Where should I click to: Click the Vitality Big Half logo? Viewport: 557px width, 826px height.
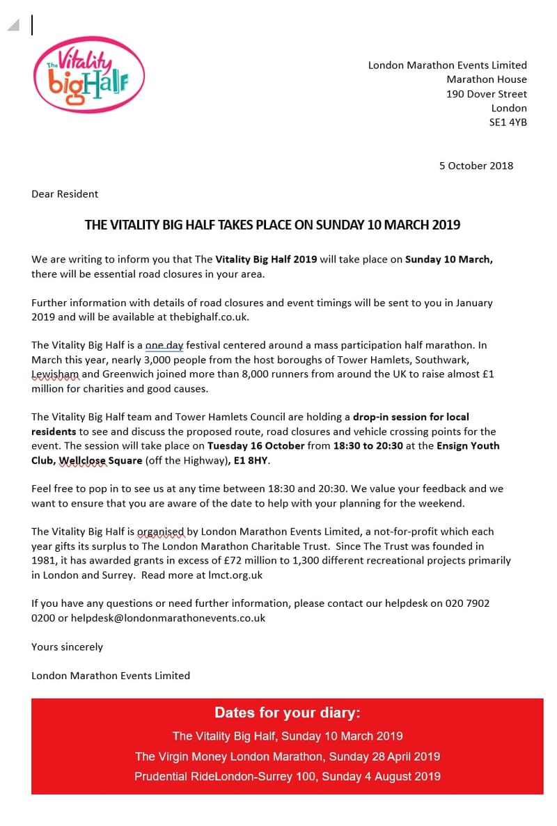pyautogui.click(x=88, y=74)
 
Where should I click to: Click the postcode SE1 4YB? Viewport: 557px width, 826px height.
pyautogui.click(x=508, y=122)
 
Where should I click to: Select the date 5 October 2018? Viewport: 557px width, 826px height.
pyautogui.click(x=476, y=166)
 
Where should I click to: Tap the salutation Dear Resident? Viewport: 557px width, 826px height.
pyautogui.click(x=65, y=194)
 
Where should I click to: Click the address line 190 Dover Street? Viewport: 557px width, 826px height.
pyautogui.click(x=486, y=94)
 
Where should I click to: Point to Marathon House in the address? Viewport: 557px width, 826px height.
pyautogui.click(x=486, y=79)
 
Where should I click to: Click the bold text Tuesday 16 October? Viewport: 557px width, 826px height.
pyautogui.click(x=256, y=446)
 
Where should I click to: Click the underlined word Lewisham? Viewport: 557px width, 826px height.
pyautogui.click(x=55, y=374)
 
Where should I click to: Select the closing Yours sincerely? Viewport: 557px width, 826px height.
pyautogui.click(x=67, y=647)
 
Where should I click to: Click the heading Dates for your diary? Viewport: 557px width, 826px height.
pyautogui.click(x=287, y=713)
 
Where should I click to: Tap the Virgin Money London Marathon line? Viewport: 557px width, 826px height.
pyautogui.click(x=287, y=756)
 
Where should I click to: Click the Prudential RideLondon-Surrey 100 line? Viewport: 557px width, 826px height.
pyautogui.click(x=287, y=777)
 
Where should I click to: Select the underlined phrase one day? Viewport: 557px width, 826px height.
pyautogui.click(x=164, y=345)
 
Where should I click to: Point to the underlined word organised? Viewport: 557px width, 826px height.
pyautogui.click(x=162, y=532)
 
